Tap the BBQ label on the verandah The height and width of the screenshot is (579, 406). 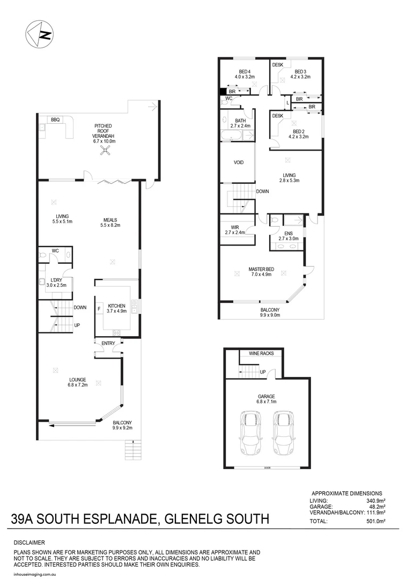[x=55, y=120]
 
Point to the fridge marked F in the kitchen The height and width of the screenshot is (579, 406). [x=99, y=309]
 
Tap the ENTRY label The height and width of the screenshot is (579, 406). [x=108, y=343]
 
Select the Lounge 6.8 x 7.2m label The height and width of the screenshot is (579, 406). [x=78, y=382]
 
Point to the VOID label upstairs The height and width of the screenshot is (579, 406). [x=239, y=162]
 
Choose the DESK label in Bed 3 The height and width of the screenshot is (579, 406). [x=277, y=65]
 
